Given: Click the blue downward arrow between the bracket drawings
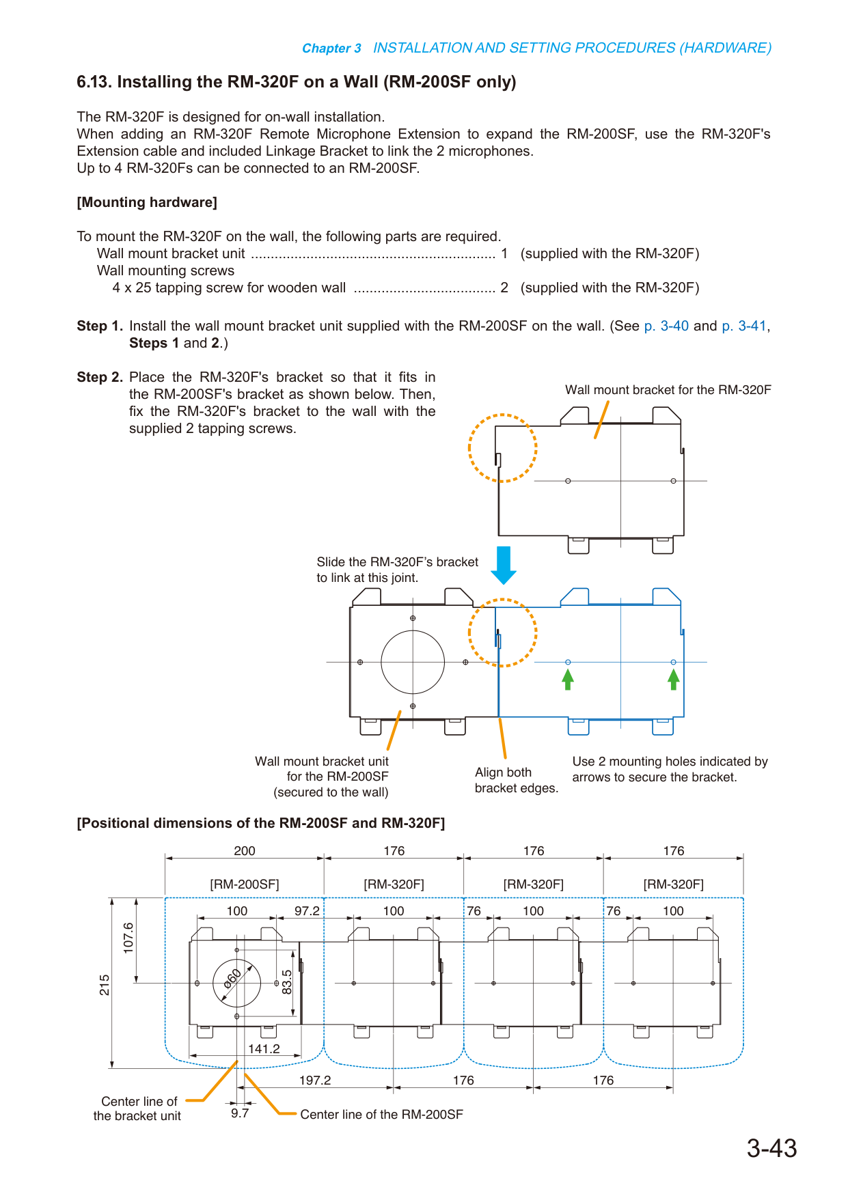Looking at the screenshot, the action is [504, 565].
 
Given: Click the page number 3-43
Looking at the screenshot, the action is [771, 1148].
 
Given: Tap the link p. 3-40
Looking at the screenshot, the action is [666, 326].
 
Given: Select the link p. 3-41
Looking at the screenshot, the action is [744, 326].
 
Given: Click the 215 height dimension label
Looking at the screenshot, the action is [105, 985].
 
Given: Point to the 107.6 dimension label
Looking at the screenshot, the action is [128, 937].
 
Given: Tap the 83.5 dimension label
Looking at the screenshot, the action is [287, 982].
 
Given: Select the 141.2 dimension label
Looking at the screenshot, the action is [264, 1048].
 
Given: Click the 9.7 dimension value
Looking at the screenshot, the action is [240, 1113].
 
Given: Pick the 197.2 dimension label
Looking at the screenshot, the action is [315, 1080].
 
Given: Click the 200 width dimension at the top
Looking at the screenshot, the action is [245, 850].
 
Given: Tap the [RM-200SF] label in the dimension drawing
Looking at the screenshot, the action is [245, 884].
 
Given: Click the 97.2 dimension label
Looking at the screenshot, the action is [307, 910].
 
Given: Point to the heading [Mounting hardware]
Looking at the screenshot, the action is [147, 202].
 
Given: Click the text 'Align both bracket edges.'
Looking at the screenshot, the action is [517, 780].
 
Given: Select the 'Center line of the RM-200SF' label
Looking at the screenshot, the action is [381, 1114].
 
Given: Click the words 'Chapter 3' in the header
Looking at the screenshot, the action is [331, 48].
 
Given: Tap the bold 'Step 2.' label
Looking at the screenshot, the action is [100, 377].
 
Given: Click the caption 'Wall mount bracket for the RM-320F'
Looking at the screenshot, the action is [668, 389].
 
